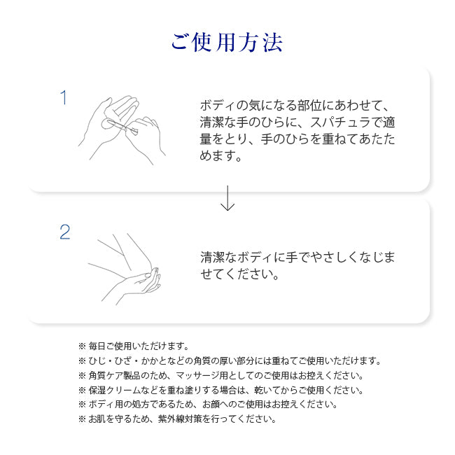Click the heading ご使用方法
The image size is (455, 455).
coord(227,43)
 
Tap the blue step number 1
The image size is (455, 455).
coord(64,97)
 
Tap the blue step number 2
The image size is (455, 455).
coord(65,232)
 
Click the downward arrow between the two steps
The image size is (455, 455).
coord(227,198)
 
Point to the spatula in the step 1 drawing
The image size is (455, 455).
coord(122,126)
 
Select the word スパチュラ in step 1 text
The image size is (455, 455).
coord(340,122)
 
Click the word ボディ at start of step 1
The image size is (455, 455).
coord(218,105)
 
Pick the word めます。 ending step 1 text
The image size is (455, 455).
coord(220,156)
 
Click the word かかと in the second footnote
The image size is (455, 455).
coord(154,360)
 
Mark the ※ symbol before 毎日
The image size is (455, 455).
coord(82,346)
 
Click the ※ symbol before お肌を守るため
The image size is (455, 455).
coord(82,419)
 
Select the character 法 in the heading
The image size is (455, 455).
coord(273,43)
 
